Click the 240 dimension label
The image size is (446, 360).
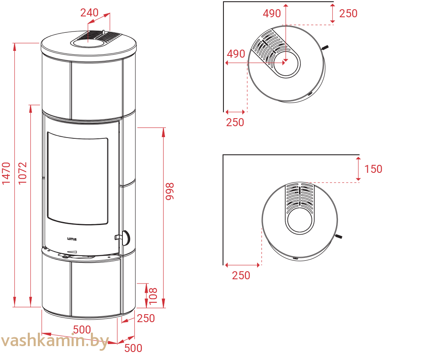click(x=89, y=13)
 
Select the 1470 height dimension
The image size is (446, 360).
click(x=6, y=173)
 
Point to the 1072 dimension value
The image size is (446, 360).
click(x=22, y=173)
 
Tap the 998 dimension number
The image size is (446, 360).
click(x=170, y=191)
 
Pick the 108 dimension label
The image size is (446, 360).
click(x=153, y=296)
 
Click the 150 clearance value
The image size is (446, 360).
click(x=373, y=169)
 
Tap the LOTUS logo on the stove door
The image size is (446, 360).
click(x=72, y=239)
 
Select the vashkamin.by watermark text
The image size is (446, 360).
click(x=55, y=341)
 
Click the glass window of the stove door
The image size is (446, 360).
click(x=78, y=178)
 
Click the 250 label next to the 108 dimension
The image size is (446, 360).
click(x=146, y=318)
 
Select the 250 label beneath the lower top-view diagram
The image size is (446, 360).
click(x=241, y=275)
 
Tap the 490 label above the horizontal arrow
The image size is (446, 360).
click(x=236, y=54)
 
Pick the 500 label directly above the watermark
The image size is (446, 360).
click(x=82, y=330)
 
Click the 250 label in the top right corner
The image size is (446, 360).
click(x=348, y=13)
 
